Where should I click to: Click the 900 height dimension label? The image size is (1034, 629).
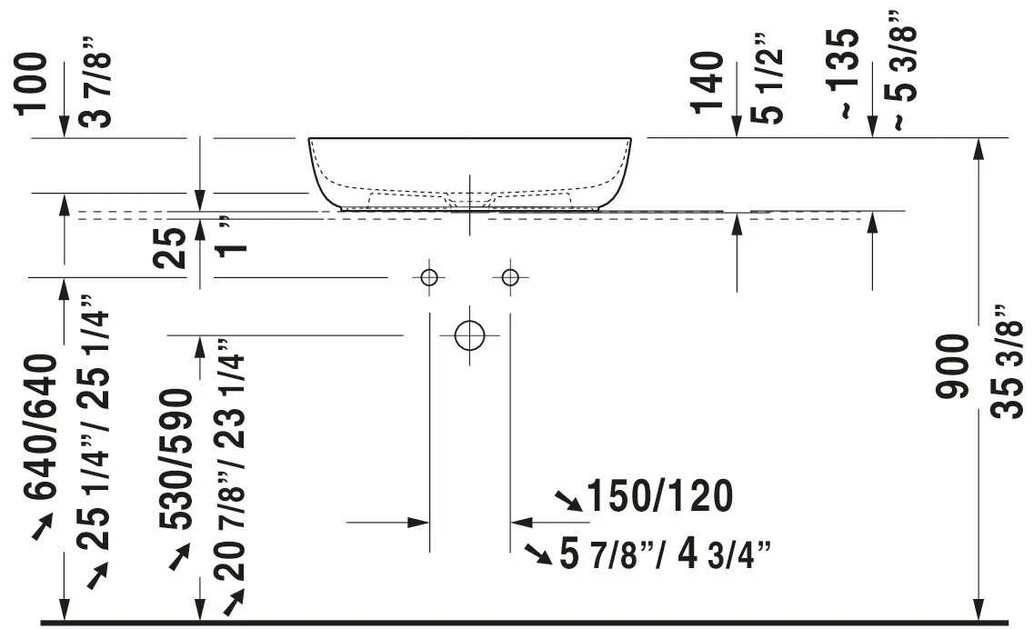(x=953, y=366)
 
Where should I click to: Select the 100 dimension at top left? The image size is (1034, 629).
(x=33, y=84)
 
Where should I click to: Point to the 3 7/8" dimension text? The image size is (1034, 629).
(x=95, y=82)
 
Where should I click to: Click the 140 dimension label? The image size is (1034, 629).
(x=708, y=83)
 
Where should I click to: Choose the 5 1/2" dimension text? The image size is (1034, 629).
(x=767, y=78)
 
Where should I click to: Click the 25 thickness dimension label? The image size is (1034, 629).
(x=169, y=247)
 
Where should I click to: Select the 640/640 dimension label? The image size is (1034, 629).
(x=41, y=426)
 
